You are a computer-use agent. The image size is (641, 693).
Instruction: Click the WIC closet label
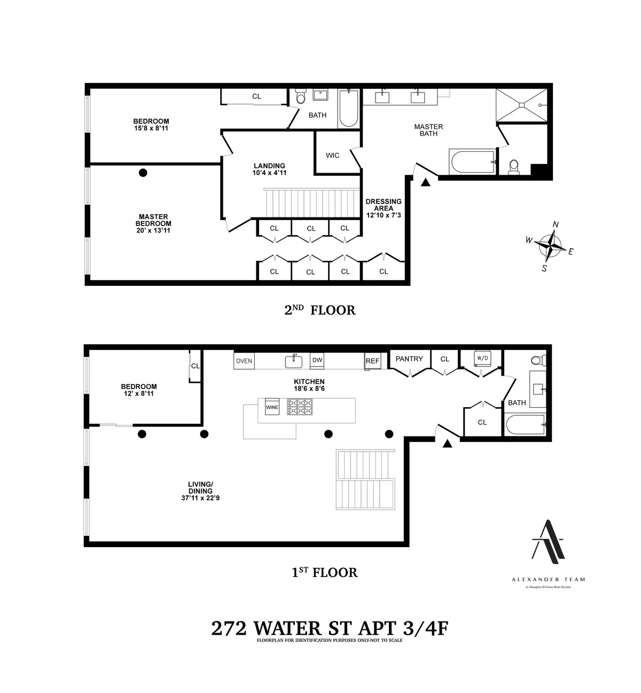click(332, 155)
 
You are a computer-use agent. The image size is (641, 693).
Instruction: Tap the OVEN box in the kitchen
click(244, 361)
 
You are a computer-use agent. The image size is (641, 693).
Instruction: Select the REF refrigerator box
click(372, 361)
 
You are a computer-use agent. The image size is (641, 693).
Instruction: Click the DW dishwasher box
click(317, 361)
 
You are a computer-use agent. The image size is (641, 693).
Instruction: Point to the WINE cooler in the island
click(272, 407)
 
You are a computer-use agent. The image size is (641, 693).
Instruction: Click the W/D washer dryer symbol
click(482, 358)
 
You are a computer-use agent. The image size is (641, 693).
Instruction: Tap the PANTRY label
click(409, 359)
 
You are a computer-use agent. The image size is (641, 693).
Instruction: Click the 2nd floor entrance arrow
click(426, 183)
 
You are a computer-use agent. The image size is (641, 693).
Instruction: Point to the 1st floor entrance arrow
click(448, 443)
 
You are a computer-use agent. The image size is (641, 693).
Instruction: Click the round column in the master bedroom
click(143, 173)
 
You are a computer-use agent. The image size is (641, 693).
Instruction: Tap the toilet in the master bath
click(514, 167)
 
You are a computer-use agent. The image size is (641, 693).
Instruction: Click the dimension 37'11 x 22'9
click(200, 498)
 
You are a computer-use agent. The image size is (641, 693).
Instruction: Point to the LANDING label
click(269, 166)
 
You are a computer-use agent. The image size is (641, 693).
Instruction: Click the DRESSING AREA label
click(384, 205)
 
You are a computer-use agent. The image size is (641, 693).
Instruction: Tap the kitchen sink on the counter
click(293, 362)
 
